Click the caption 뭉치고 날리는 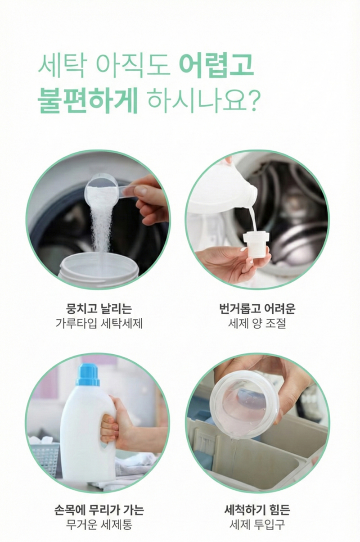tap(99, 309)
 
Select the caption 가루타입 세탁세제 tap(99, 323)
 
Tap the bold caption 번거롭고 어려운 tap(257, 309)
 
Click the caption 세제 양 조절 tap(257, 323)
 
